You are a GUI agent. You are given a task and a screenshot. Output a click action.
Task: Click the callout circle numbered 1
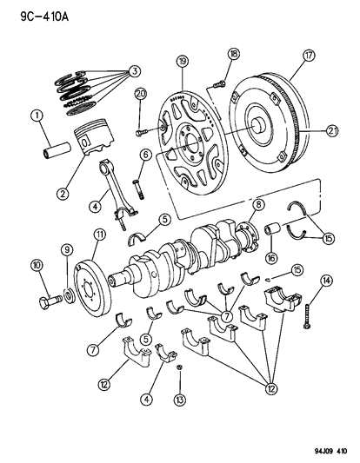click(x=37, y=115)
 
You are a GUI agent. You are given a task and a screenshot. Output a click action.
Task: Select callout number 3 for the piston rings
click(x=134, y=70)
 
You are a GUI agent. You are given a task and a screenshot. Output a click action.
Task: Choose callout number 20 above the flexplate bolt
click(x=141, y=93)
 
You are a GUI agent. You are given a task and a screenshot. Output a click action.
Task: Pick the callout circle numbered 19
click(x=183, y=62)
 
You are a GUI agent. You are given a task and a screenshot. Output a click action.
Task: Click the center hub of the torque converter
click(x=260, y=122)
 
